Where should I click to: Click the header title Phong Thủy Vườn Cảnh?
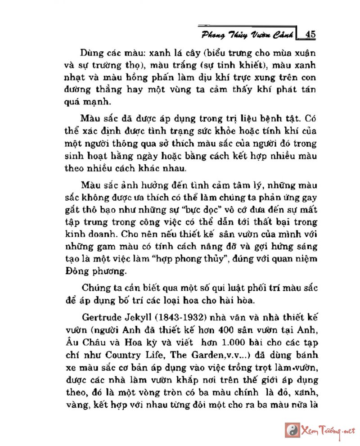(x=248, y=34)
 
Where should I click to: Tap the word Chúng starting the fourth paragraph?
(x=96, y=288)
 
